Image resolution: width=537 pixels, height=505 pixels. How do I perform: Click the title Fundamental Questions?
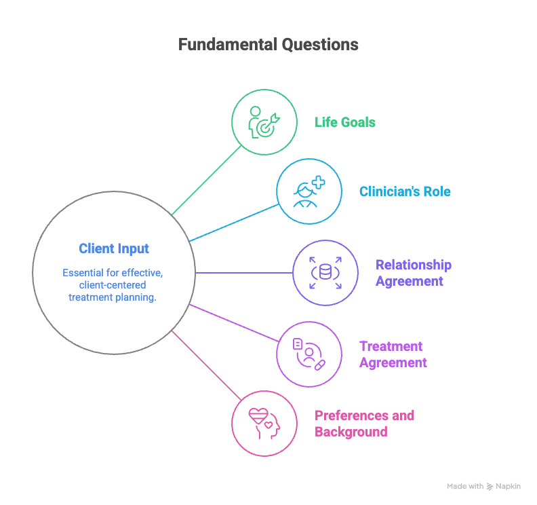tap(268, 45)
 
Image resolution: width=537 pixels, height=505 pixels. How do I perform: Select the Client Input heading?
tap(114, 248)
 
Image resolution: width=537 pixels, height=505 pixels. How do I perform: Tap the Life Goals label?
tap(345, 122)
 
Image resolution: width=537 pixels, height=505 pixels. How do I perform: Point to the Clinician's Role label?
tap(405, 191)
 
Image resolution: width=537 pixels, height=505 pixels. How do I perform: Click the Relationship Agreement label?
tap(414, 273)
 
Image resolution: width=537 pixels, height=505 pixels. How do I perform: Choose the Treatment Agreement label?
tap(393, 354)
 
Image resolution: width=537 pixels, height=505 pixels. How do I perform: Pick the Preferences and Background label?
tap(364, 424)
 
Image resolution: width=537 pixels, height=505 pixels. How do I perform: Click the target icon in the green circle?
tap(264, 122)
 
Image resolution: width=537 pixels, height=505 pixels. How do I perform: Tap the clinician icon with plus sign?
tap(309, 191)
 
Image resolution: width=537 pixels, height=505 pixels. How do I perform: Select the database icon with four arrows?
tap(325, 273)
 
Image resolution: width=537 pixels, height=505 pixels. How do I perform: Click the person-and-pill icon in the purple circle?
tap(309, 354)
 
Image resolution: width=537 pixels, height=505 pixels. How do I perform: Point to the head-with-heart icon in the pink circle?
tap(264, 424)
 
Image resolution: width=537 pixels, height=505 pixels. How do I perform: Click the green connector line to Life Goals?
tap(207, 181)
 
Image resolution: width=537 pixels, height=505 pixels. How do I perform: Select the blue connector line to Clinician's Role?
tap(234, 223)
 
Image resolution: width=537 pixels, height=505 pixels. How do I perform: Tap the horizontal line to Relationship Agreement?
tap(244, 273)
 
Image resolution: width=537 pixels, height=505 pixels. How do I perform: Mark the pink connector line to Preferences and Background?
tap(207, 365)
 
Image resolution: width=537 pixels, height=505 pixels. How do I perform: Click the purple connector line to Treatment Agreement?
tap(234, 323)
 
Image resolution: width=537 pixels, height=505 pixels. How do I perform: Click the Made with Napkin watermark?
tap(483, 486)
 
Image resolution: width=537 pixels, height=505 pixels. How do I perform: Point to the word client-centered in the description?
tap(113, 285)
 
